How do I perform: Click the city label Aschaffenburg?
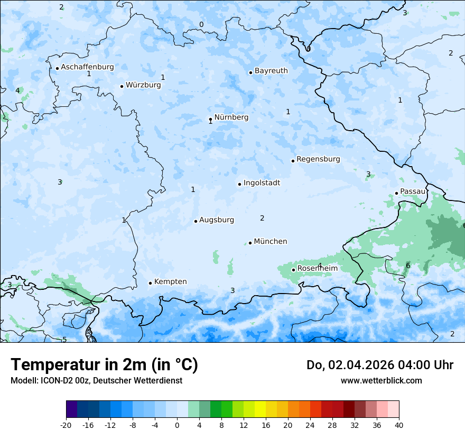tap(87, 67)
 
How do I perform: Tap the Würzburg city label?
tap(143, 85)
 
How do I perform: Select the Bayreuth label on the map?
tap(271, 71)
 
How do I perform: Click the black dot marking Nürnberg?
tap(210, 119)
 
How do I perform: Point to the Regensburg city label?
tap(318, 159)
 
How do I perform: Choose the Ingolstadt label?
tap(262, 183)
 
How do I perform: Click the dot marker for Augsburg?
tap(196, 221)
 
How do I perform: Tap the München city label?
tap(271, 242)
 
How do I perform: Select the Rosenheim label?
tap(317, 269)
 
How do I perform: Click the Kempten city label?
tap(170, 282)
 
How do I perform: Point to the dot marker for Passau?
tap(396, 193)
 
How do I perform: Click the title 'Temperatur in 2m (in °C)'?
tap(104, 365)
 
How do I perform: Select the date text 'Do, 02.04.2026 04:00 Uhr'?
tap(379, 365)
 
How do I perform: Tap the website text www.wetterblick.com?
tap(381, 380)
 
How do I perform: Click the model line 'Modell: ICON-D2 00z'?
tap(96, 380)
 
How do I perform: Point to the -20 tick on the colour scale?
tap(66, 425)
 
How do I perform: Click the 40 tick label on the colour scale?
tap(399, 425)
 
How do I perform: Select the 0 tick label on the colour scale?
tap(177, 425)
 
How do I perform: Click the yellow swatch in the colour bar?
tap(260, 409)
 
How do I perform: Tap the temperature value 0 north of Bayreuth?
tap(201, 25)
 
